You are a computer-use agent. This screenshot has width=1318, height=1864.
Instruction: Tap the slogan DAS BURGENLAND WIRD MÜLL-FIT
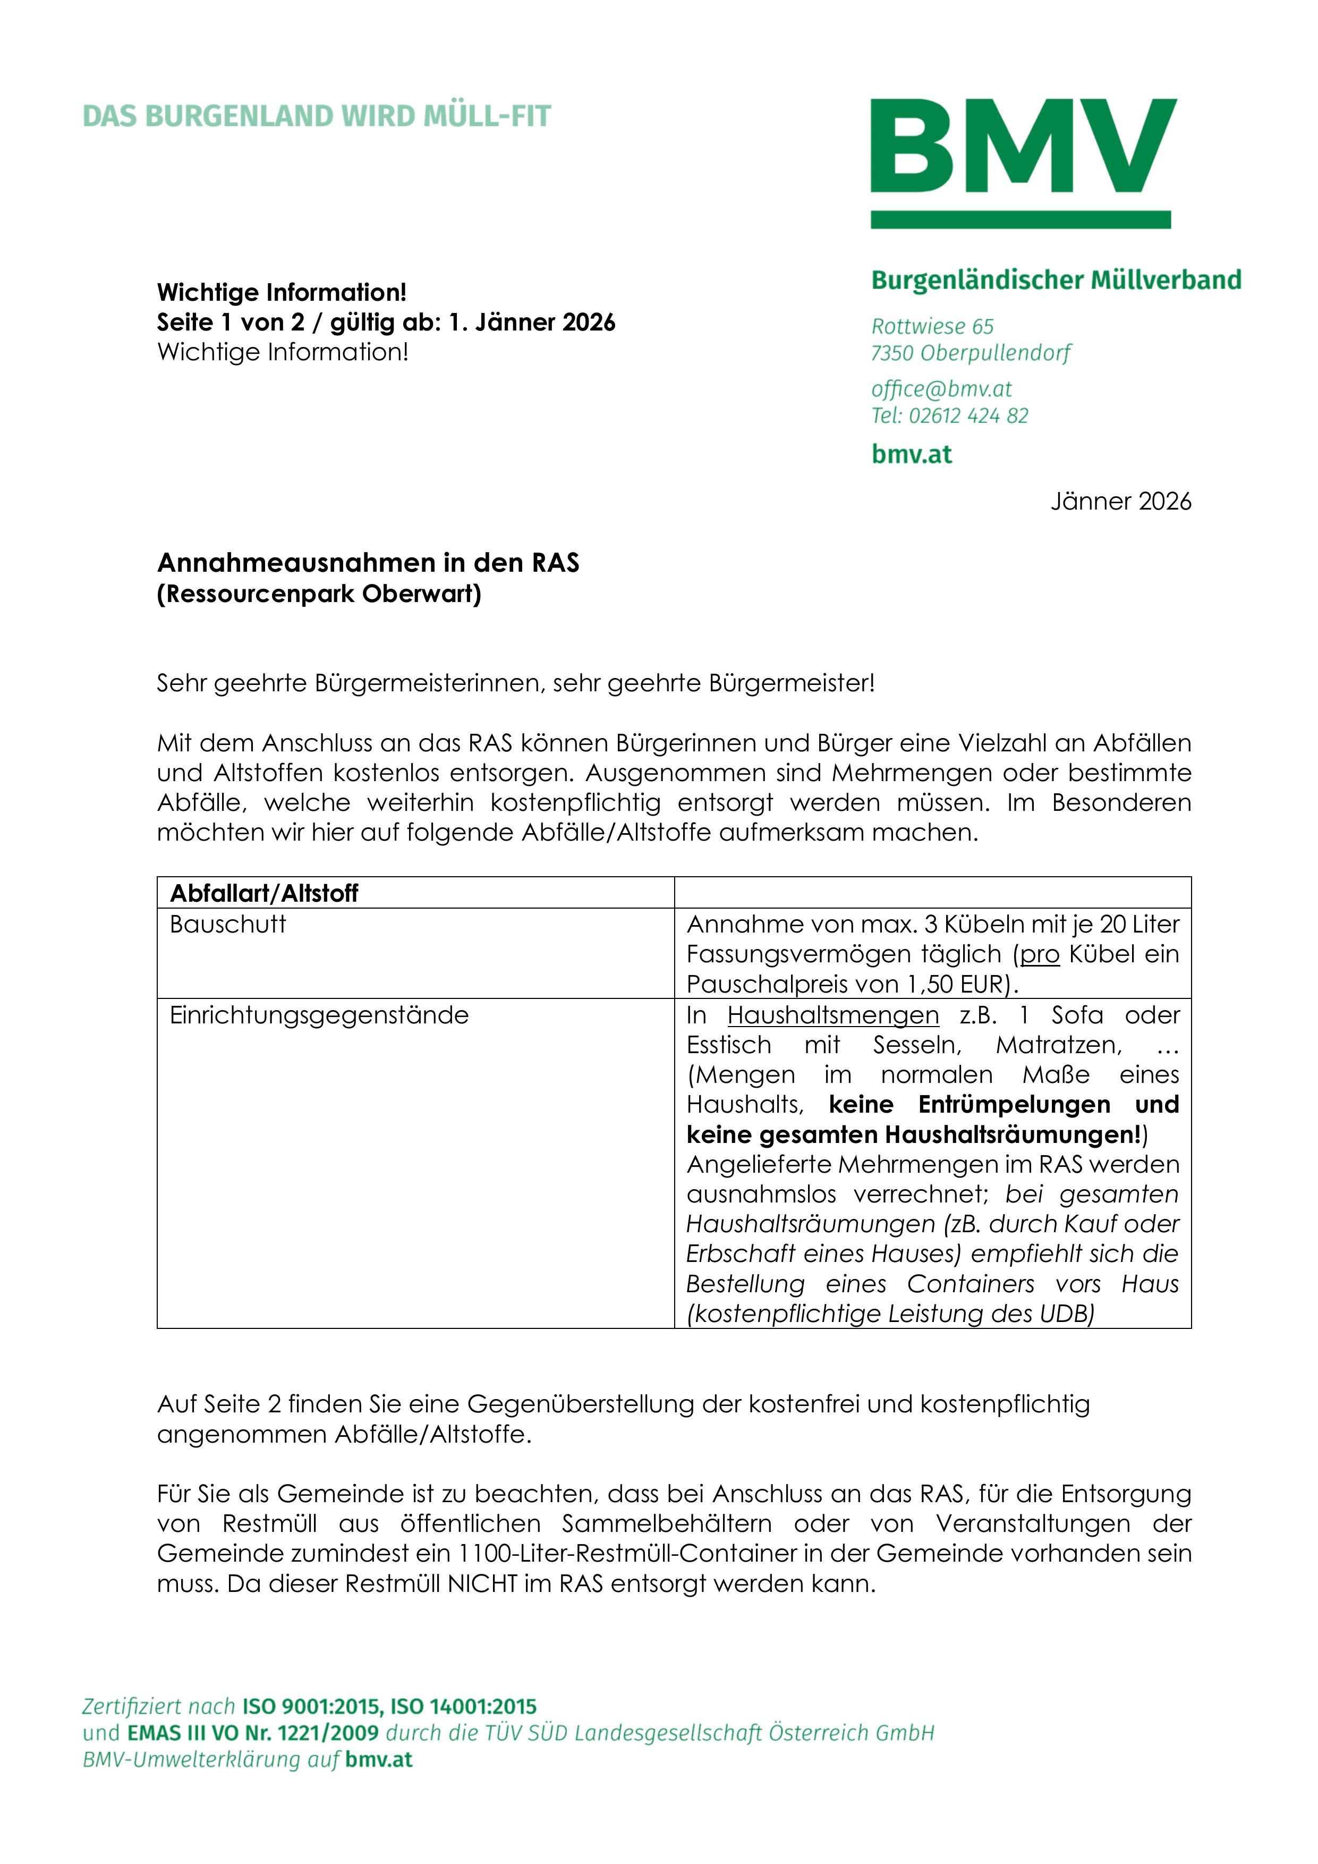(317, 116)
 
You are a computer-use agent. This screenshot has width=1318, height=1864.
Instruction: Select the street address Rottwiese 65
(932, 326)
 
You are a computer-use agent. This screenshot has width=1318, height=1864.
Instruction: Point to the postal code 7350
(892, 353)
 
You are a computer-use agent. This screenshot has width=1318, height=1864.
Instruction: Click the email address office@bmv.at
(941, 389)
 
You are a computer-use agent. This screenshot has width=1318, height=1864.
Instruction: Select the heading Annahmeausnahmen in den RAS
(368, 563)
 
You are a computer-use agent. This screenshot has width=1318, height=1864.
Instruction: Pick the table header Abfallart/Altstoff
(264, 893)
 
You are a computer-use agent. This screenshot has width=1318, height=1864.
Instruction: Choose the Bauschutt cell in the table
(227, 924)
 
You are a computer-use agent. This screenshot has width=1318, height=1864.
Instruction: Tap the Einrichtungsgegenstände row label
(319, 1015)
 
